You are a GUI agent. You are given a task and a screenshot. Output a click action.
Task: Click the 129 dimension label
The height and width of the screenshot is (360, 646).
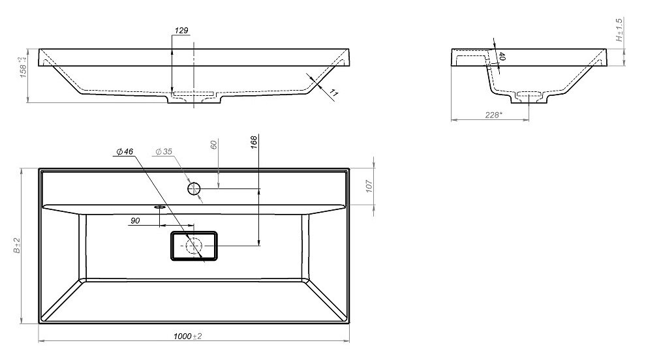pos(181,31)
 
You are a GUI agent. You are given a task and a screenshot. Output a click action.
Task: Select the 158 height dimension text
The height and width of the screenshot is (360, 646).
pos(23,67)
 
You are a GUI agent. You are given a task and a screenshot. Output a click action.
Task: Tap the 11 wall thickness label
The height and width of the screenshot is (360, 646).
pos(333,95)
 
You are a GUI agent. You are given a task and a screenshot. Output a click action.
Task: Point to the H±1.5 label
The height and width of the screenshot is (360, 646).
pos(619,29)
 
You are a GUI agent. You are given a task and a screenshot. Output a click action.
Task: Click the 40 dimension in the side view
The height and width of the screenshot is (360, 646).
pos(501,57)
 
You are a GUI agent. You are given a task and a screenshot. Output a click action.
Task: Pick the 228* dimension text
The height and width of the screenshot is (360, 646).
pos(493,115)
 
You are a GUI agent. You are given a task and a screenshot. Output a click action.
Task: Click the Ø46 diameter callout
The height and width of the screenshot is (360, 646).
pos(125,151)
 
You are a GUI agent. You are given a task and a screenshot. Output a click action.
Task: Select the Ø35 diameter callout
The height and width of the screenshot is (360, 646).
pos(164,151)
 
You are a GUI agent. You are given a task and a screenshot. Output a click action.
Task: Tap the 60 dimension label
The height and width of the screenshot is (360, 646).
pos(213,145)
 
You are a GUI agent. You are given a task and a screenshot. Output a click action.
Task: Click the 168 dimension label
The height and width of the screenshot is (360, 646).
pos(253,142)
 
